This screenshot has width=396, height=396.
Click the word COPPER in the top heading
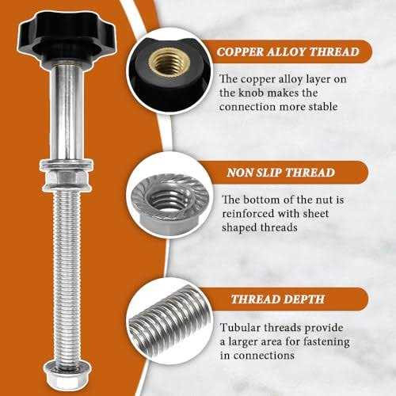tap(240, 51)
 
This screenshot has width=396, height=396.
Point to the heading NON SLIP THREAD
tap(280, 173)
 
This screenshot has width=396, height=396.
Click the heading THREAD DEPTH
tap(278, 299)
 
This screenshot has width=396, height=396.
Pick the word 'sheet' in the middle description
tap(316, 213)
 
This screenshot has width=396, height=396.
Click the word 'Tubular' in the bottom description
tap(241, 328)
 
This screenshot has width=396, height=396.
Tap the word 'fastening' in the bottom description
tap(326, 341)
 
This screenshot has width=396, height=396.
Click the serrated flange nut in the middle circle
tap(169, 203)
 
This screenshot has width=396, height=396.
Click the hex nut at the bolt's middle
tap(67, 177)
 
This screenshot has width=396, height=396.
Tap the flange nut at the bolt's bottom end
tap(67, 374)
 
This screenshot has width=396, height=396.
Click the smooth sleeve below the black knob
tap(67, 113)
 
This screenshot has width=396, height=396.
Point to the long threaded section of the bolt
tap(67, 276)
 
